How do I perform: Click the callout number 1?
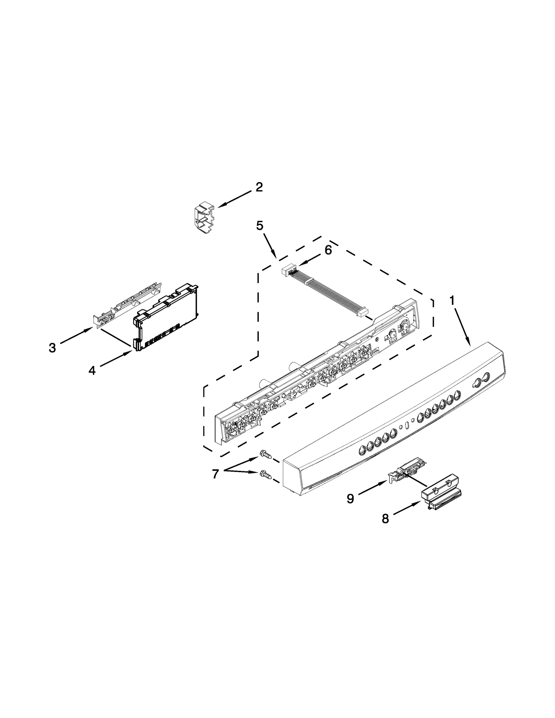[452, 301]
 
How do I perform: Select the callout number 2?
[259, 188]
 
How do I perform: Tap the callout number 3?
[52, 347]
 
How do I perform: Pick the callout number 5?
[259, 226]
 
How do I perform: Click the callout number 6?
[328, 250]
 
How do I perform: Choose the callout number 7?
[215, 474]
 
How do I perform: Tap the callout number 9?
[350, 499]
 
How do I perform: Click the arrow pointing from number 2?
[234, 199]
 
